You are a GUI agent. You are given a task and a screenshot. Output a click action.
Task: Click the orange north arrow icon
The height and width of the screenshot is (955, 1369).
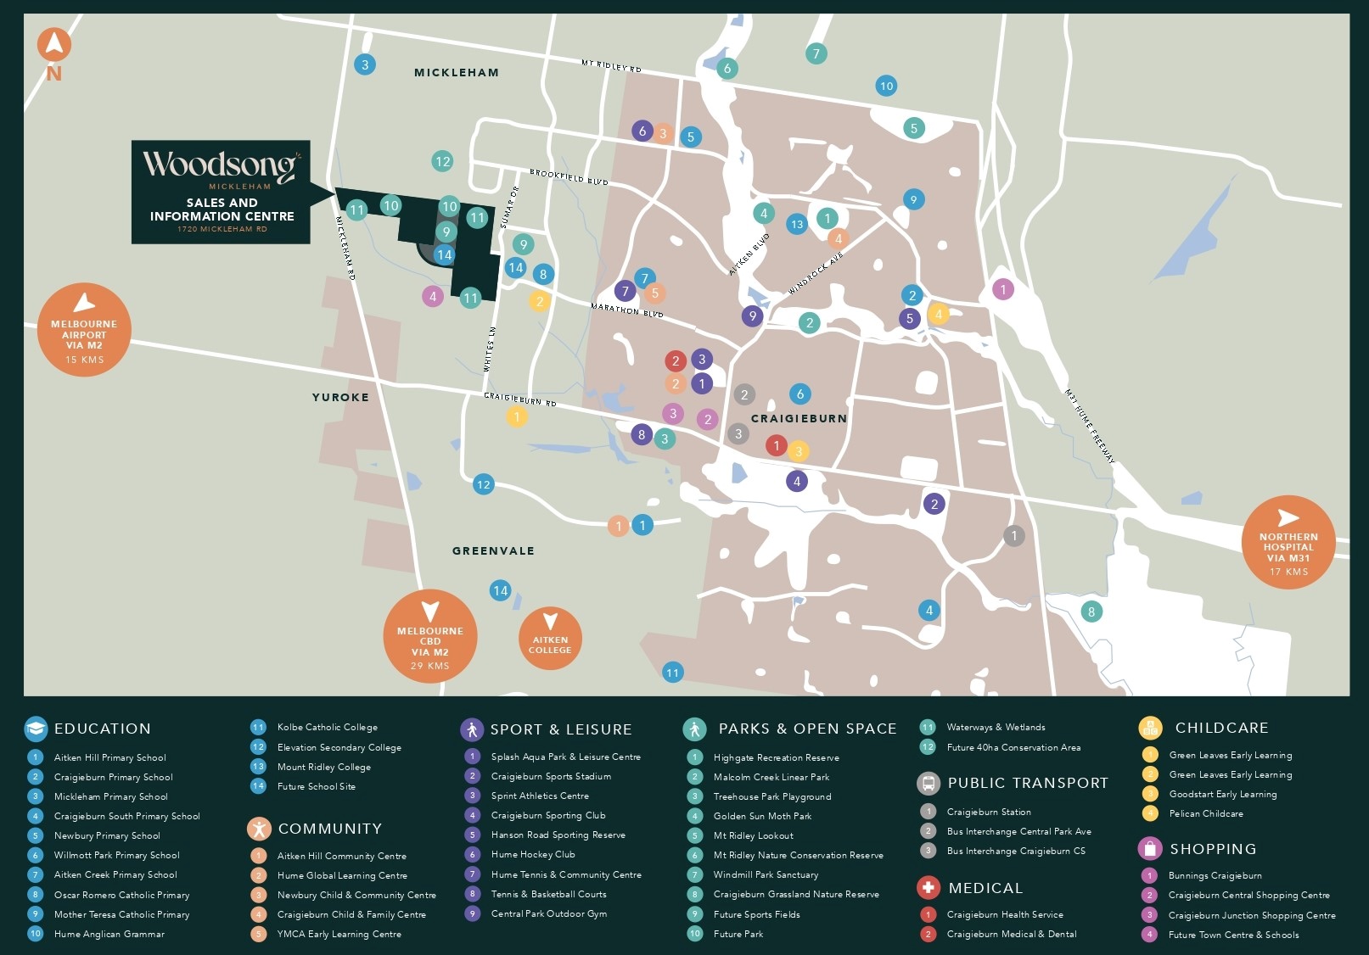[x=54, y=45]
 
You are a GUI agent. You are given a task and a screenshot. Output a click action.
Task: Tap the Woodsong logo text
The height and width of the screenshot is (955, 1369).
[x=220, y=165]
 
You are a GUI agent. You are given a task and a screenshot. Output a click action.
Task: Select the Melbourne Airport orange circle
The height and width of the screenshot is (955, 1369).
[x=84, y=330]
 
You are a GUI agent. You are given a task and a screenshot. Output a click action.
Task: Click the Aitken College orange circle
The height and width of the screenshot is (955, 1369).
[x=550, y=639]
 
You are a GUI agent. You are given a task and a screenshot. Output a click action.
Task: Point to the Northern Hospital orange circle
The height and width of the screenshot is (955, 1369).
[x=1288, y=542]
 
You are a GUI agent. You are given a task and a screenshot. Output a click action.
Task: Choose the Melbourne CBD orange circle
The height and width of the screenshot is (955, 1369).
[x=430, y=636]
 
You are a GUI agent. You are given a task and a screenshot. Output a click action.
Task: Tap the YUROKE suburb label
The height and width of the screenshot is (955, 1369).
[x=340, y=397]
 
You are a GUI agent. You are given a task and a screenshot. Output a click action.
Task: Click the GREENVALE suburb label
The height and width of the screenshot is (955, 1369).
[x=493, y=550]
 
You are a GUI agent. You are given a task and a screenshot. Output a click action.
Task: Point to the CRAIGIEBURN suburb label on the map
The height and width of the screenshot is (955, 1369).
[x=799, y=418]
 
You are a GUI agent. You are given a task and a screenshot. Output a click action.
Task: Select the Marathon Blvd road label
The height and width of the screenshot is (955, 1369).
[x=626, y=310]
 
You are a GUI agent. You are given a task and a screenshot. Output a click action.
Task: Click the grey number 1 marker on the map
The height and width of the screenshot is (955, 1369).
[x=1013, y=536]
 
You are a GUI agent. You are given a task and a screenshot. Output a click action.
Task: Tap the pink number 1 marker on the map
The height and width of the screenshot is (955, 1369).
[x=1003, y=290]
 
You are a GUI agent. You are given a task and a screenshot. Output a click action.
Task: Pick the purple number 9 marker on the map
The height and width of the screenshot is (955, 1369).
[x=752, y=316]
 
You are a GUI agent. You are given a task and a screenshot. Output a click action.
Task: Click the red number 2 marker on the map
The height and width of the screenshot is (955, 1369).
[x=676, y=360]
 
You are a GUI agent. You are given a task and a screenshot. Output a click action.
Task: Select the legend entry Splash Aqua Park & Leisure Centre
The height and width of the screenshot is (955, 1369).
[x=565, y=757]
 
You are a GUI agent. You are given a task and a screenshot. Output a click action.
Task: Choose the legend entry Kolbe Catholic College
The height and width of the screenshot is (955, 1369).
[x=327, y=727]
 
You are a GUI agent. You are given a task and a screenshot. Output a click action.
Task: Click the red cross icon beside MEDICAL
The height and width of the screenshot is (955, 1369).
[x=929, y=887]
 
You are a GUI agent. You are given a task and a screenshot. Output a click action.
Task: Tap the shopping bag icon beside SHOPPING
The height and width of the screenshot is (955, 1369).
[x=1150, y=848]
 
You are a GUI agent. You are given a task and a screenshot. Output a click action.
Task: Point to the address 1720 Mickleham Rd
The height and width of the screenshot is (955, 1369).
[x=222, y=229]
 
